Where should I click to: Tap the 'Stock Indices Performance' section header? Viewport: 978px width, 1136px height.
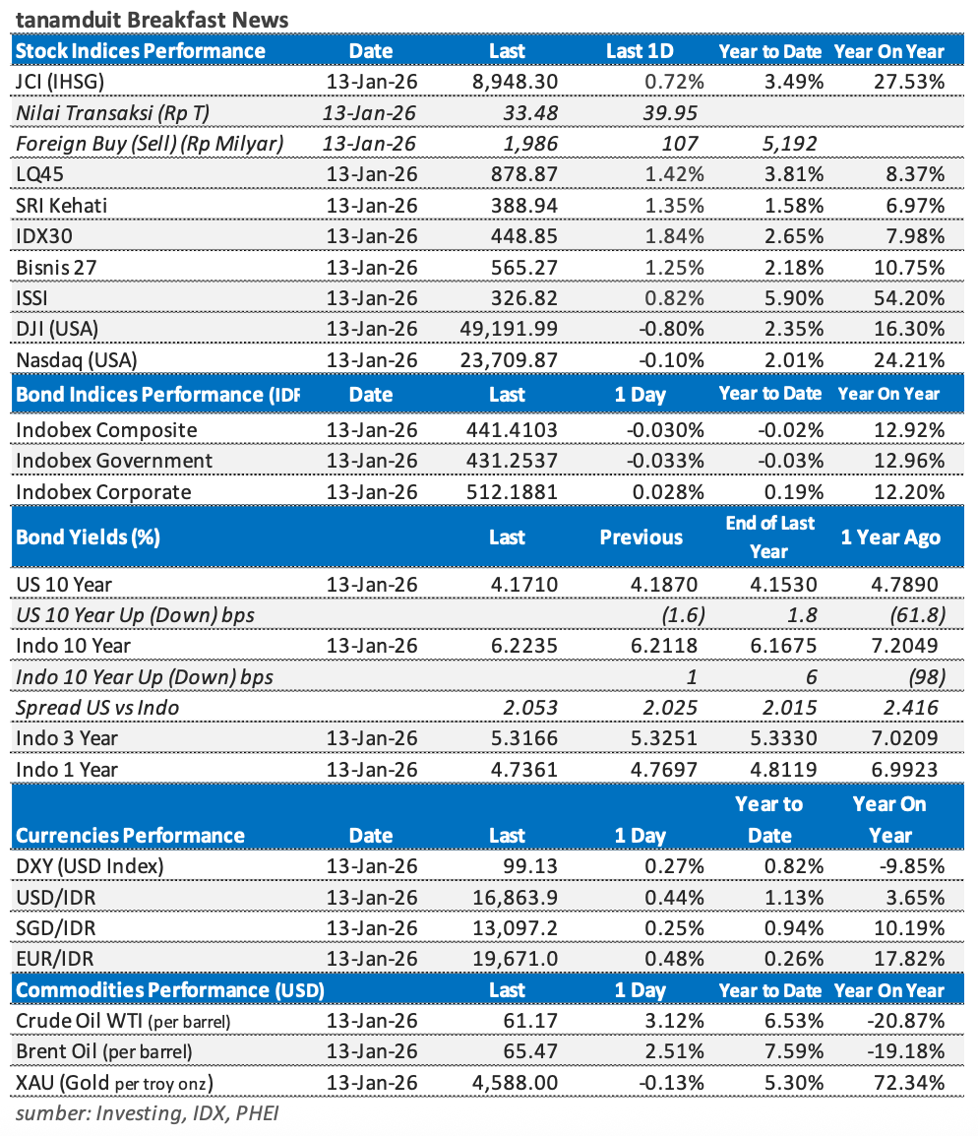click(x=141, y=51)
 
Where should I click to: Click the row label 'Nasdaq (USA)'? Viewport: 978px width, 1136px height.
click(x=78, y=360)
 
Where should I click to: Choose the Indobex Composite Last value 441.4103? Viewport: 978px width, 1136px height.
click(x=508, y=430)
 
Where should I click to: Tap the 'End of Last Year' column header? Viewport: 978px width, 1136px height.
click(x=769, y=536)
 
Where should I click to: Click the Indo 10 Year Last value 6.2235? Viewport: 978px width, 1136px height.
click(x=521, y=646)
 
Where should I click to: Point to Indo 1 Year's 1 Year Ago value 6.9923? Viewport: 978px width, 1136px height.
click(x=905, y=769)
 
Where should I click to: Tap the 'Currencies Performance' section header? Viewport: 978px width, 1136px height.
click(x=130, y=836)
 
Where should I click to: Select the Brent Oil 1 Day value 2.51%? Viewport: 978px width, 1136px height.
click(x=672, y=1052)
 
